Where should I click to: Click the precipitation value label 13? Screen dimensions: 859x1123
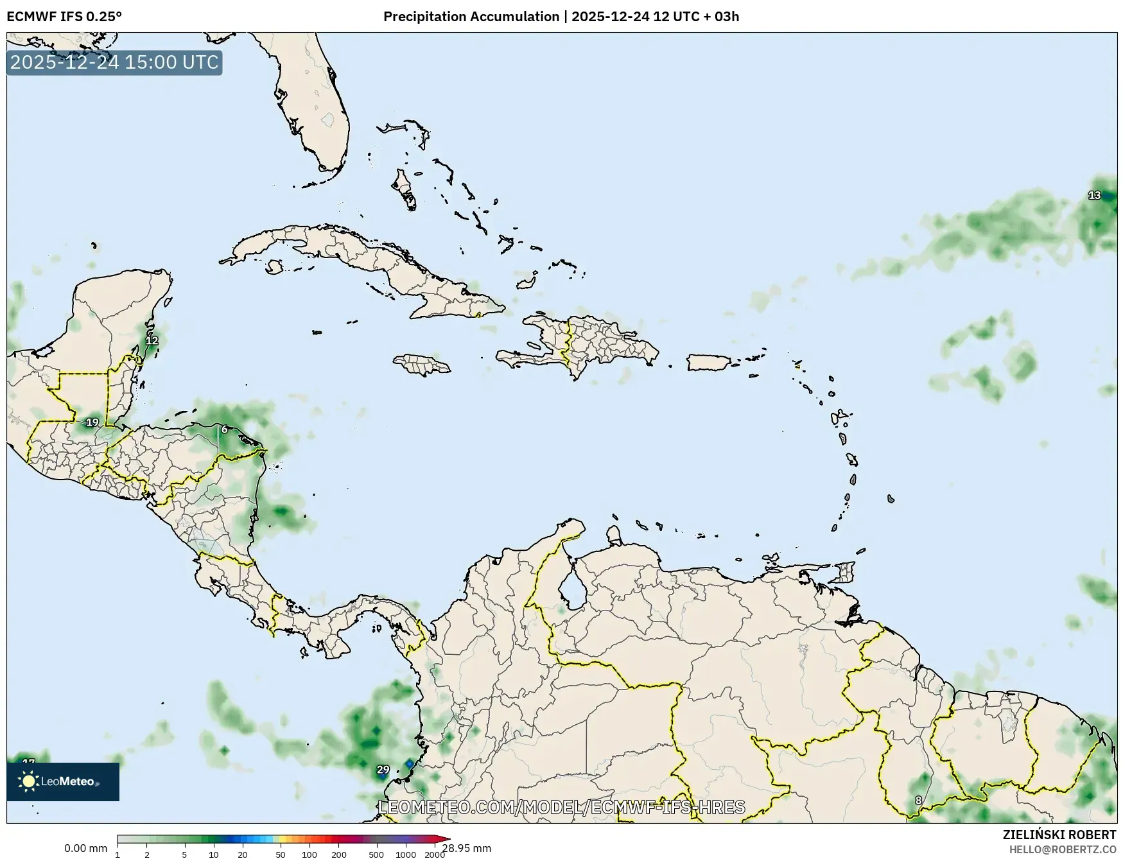[1094, 195]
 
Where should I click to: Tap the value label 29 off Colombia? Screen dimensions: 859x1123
[383, 769]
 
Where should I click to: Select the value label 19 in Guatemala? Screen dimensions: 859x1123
[92, 422]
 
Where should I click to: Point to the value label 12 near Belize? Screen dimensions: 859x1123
[152, 340]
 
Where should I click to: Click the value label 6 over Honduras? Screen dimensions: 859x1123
[224, 429]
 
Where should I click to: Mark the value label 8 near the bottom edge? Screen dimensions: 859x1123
[918, 800]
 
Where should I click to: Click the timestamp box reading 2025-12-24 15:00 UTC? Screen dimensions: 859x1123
[114, 62]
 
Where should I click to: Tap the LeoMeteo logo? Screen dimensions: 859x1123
[63, 781]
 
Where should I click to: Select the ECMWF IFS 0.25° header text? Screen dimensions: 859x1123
[64, 17]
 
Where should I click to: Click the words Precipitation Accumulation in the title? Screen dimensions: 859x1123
[471, 17]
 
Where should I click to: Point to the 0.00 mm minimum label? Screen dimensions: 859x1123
[85, 848]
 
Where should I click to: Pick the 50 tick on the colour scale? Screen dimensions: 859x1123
[280, 855]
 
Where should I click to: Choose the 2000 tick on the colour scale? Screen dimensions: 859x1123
[435, 855]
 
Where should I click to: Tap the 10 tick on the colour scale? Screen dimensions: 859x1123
[213, 855]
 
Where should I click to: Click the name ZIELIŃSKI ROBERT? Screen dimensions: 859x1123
[1059, 835]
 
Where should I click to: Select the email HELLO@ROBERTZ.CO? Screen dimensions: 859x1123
[1063, 849]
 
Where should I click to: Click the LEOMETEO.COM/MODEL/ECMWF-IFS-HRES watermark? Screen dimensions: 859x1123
[562, 807]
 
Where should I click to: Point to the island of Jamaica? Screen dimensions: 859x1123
[422, 365]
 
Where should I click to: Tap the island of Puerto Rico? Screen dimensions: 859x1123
[709, 362]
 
